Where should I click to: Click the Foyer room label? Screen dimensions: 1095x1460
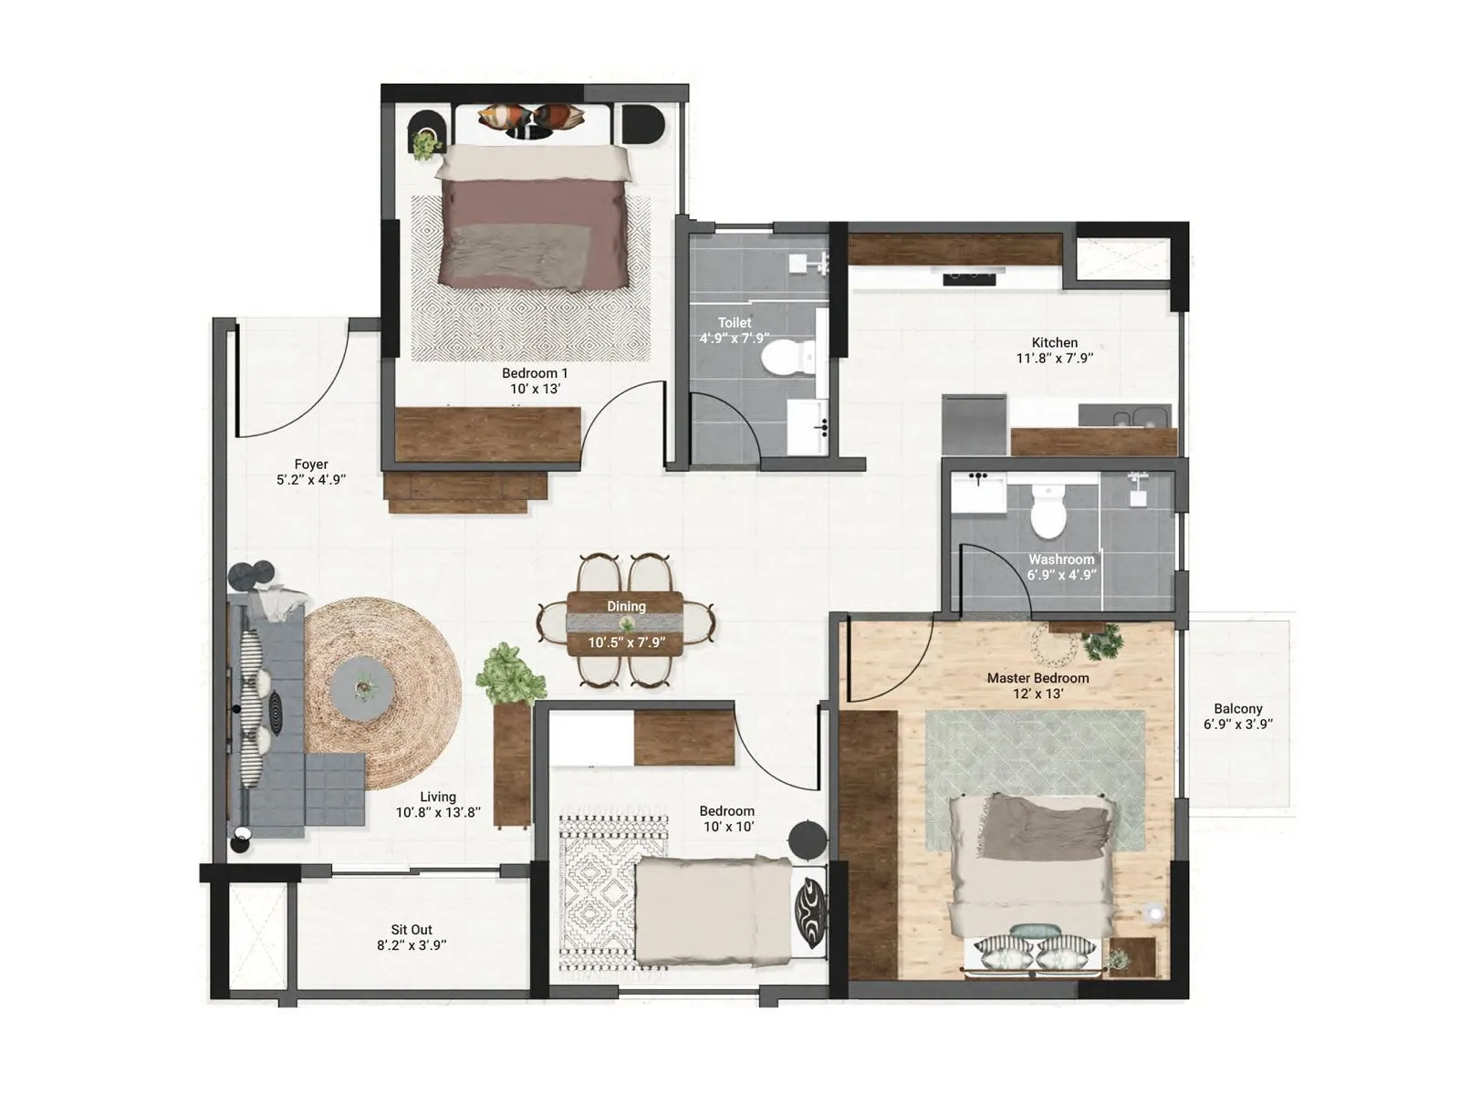pos(311,464)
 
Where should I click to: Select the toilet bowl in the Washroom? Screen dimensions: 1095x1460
pos(1048,513)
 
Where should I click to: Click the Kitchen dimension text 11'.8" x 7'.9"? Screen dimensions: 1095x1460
pos(1054,359)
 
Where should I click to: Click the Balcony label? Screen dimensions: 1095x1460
pos(1237,708)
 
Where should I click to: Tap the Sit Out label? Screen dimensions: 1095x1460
pos(412,930)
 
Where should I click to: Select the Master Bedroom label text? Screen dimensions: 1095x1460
pos(1038,678)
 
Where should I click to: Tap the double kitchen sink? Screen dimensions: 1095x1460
pos(1134,419)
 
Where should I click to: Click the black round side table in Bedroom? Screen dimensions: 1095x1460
pos(808,839)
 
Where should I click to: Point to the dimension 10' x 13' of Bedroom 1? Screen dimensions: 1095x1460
pos(535,389)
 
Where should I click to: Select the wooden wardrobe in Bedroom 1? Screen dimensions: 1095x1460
pos(488,433)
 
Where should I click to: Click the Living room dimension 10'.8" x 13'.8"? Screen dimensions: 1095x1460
pos(438,812)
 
